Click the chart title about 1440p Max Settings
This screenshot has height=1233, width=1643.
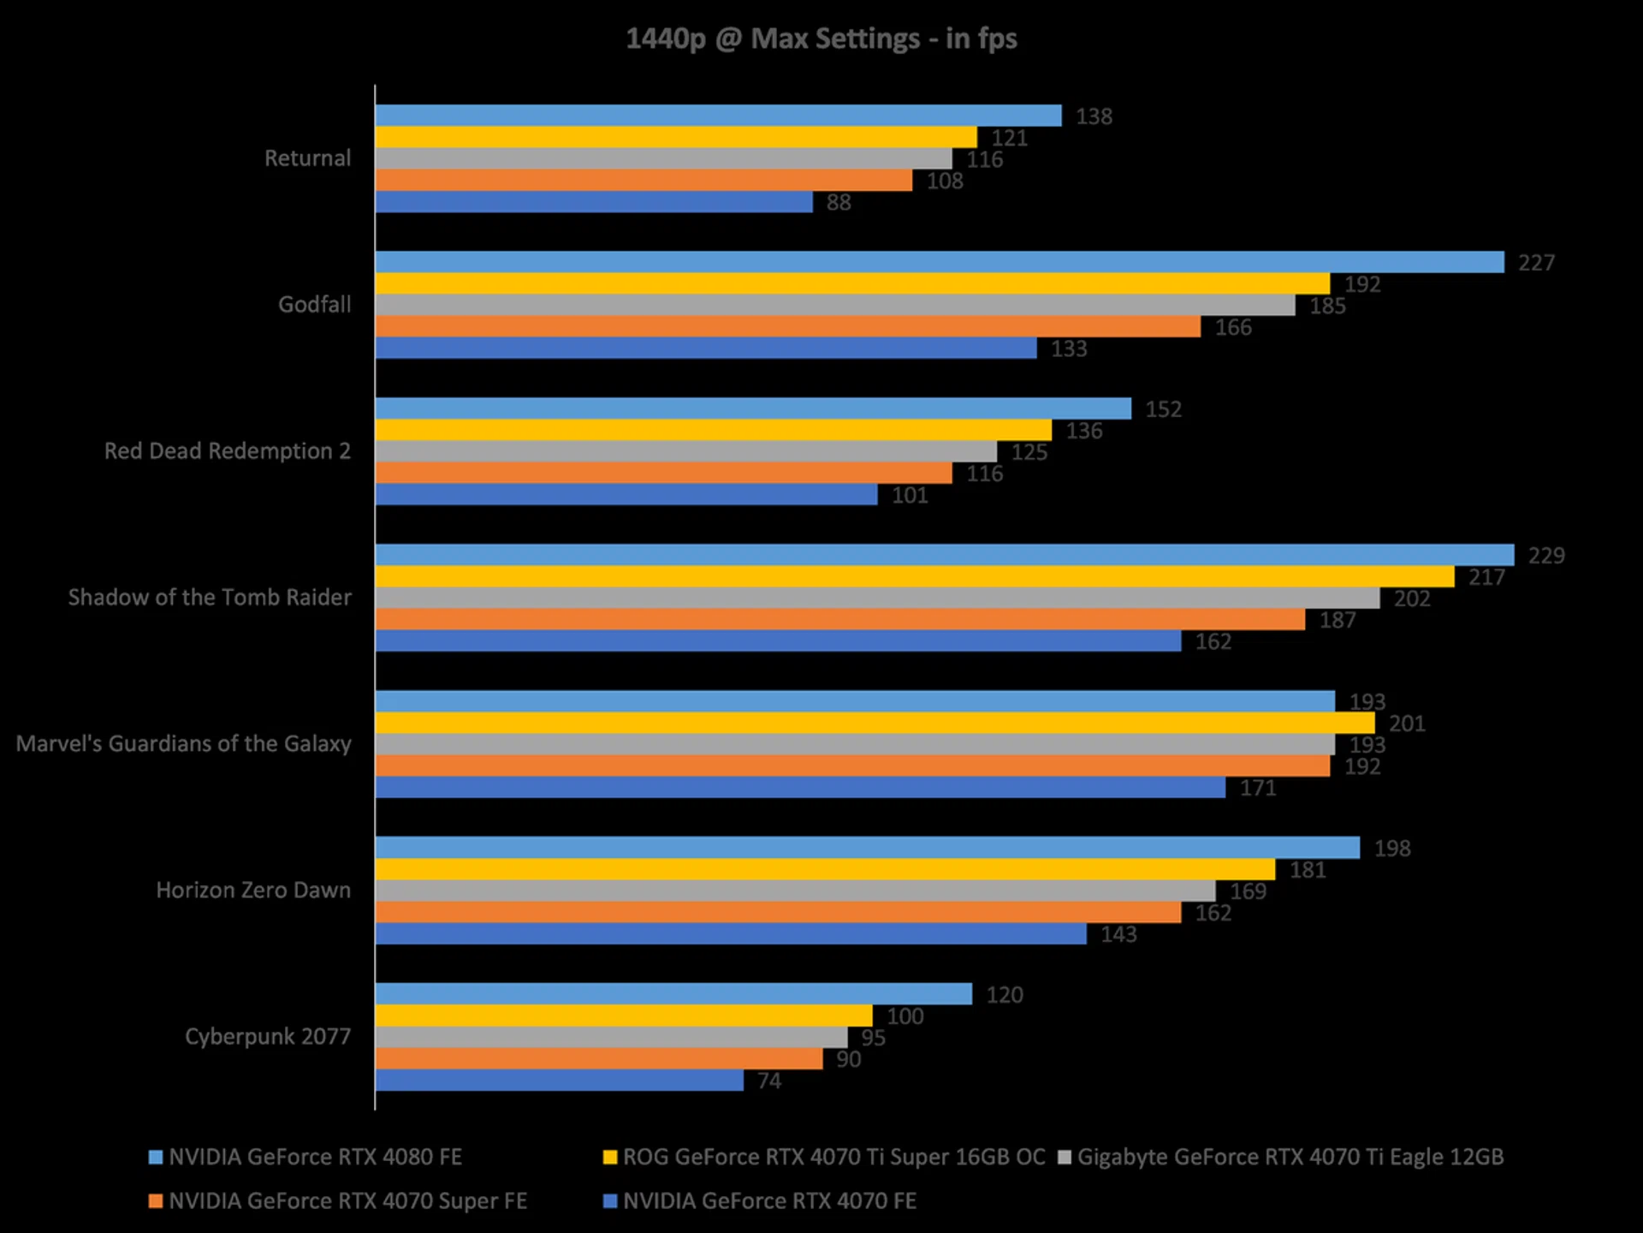click(821, 39)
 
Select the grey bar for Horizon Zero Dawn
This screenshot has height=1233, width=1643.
click(795, 890)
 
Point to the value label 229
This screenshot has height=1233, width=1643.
click(1545, 556)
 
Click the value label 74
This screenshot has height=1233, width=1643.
click(768, 1081)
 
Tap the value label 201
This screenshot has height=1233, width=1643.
click(1407, 724)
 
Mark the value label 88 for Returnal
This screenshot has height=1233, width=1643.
click(838, 203)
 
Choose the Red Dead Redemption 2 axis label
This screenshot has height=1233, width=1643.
click(227, 451)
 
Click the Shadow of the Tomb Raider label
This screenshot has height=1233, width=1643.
click(210, 598)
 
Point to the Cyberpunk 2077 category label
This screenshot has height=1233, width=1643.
click(268, 1037)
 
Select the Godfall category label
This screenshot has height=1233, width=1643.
click(314, 305)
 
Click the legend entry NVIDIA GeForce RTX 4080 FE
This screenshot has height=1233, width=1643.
click(315, 1158)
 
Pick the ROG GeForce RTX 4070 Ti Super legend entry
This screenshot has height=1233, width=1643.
click(833, 1158)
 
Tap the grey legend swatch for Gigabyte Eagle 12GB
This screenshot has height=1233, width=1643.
click(1065, 1158)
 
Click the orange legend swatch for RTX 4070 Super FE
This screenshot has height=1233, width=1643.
click(156, 1201)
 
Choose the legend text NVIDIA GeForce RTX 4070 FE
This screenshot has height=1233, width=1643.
click(769, 1201)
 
